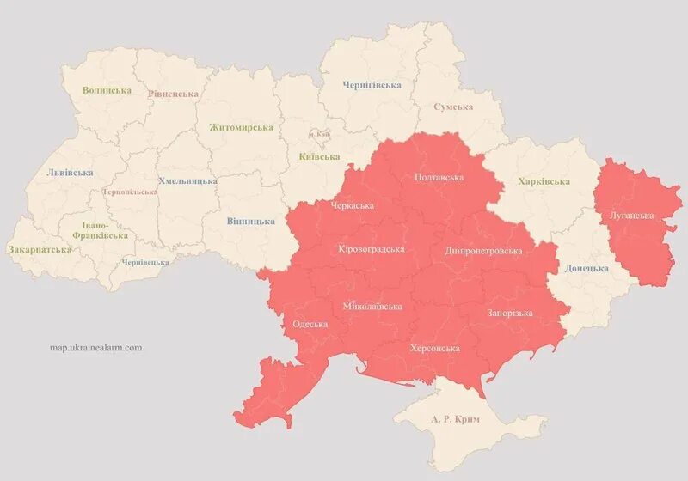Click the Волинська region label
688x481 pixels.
[107, 90]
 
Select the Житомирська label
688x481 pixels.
[241, 127]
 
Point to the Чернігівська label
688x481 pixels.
[372, 85]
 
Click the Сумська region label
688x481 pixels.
[453, 107]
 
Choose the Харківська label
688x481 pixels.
[544, 181]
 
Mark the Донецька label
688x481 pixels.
[587, 268]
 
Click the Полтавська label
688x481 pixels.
[439, 177]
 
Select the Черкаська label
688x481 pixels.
[353, 206]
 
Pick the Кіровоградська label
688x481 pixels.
[372, 249]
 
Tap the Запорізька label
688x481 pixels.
[510, 313]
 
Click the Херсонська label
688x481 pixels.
[434, 348]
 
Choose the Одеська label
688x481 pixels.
[310, 324]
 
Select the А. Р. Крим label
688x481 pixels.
[456, 418]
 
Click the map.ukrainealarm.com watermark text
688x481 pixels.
[96, 348]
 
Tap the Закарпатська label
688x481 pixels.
[40, 250]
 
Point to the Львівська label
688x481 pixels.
[71, 172]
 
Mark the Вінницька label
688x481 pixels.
[251, 221]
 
